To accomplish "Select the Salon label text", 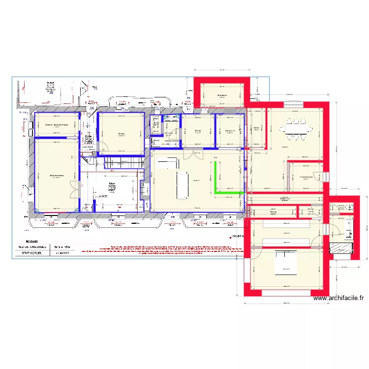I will click(x=112, y=184).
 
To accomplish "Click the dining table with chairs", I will click(x=296, y=129).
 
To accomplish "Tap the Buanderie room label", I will click(x=221, y=95).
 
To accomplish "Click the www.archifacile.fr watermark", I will click(x=338, y=298).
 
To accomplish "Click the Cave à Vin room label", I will click(x=230, y=131).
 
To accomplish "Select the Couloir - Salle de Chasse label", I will click(x=57, y=125).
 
